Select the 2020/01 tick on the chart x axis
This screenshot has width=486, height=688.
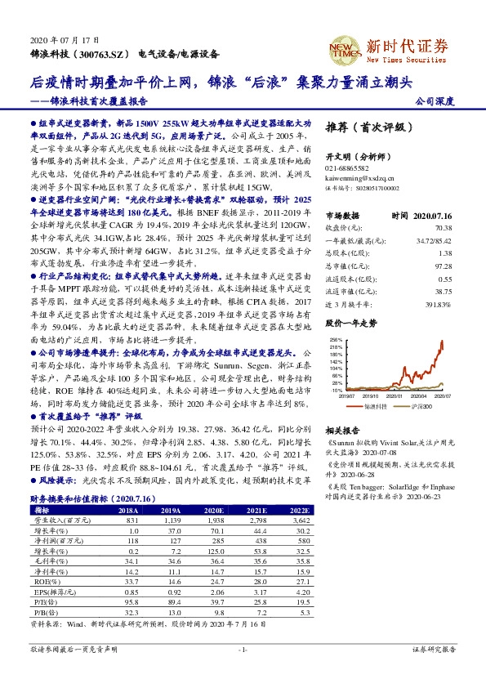395,395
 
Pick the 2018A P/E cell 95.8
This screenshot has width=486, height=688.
127,601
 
